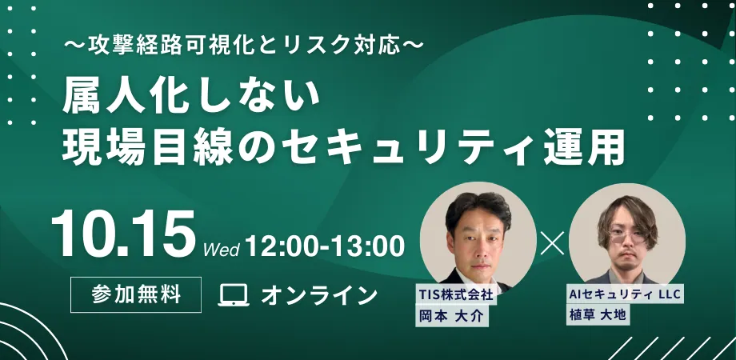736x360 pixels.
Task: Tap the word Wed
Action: (x=222, y=250)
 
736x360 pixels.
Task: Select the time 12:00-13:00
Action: (x=324, y=246)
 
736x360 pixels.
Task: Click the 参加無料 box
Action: (x=136, y=294)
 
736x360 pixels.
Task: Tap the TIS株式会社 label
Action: (x=456, y=294)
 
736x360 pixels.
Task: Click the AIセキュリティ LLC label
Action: (x=625, y=294)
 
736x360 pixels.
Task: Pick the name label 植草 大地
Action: (x=598, y=314)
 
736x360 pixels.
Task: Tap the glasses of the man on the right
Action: (x=628, y=237)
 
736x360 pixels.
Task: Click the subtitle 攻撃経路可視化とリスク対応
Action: (x=244, y=46)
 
